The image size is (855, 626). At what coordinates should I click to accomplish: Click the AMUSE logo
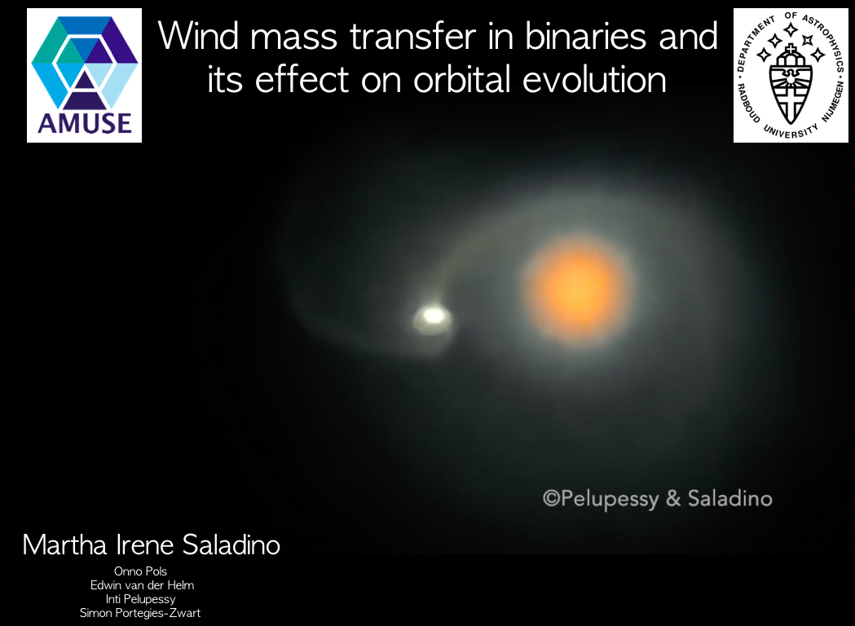pyautogui.click(x=84, y=75)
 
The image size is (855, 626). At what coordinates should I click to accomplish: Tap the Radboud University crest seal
pyautogui.click(x=791, y=75)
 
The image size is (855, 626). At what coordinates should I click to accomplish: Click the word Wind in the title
pyautogui.click(x=199, y=36)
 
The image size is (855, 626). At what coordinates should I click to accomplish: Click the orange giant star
pyautogui.click(x=577, y=289)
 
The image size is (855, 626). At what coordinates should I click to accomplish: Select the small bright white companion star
pyautogui.click(x=433, y=315)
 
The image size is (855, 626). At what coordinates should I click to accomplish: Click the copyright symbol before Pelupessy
pyautogui.click(x=551, y=498)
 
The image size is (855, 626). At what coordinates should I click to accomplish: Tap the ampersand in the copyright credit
pyautogui.click(x=673, y=498)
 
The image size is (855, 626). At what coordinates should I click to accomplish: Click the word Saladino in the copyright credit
pyautogui.click(x=729, y=498)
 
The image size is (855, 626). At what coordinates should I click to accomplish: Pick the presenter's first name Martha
pyautogui.click(x=64, y=544)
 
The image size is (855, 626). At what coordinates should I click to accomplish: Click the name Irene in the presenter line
pyautogui.click(x=145, y=544)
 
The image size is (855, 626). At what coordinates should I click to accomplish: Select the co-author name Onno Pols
pyautogui.click(x=140, y=571)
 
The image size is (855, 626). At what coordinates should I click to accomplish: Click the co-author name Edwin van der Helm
pyautogui.click(x=142, y=585)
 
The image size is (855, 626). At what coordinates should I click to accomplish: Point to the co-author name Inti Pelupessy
pyautogui.click(x=140, y=599)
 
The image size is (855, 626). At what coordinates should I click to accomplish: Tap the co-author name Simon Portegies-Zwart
pyautogui.click(x=140, y=613)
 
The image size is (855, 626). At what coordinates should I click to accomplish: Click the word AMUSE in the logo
pyautogui.click(x=85, y=123)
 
